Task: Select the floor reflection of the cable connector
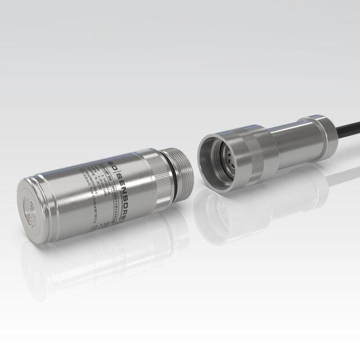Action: (253, 202)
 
